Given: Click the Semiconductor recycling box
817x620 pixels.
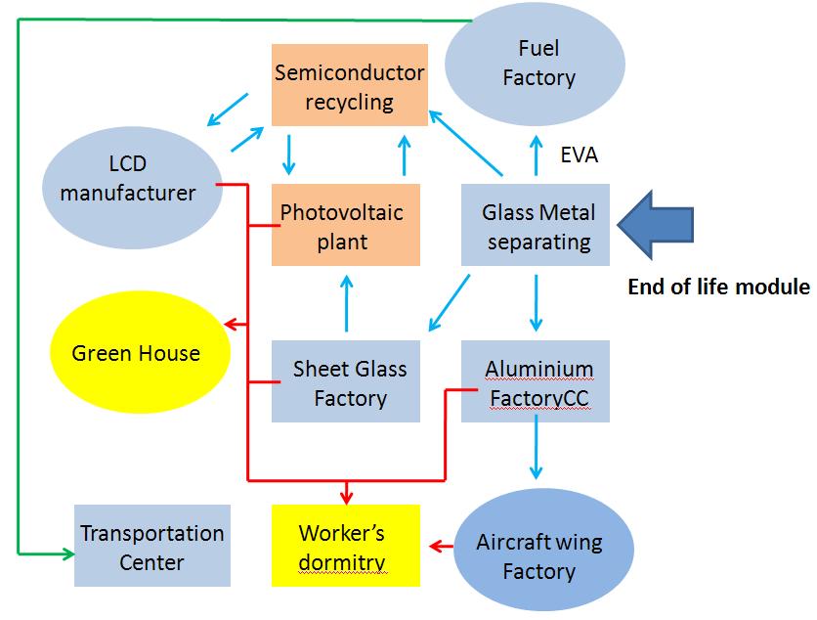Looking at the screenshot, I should pyautogui.click(x=350, y=85).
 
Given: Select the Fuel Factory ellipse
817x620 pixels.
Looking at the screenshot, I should pyautogui.click(x=538, y=62).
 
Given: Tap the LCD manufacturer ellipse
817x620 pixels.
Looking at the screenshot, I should pyautogui.click(x=128, y=178).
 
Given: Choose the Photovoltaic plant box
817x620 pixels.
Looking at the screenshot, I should pyautogui.click(x=346, y=225).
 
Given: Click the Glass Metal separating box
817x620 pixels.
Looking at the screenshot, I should pyautogui.click(x=537, y=225).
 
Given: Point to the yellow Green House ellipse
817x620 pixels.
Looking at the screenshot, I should pyautogui.click(x=136, y=352).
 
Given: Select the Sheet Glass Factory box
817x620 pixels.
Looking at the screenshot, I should pyautogui.click(x=346, y=381).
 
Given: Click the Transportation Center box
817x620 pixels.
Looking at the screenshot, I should pyautogui.click(x=152, y=546).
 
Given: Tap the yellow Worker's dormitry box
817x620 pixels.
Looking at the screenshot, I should pyautogui.click(x=346, y=546).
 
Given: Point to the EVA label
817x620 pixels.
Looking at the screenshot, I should pyautogui.click(x=580, y=154).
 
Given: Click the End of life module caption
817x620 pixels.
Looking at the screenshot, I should pyautogui.click(x=718, y=288).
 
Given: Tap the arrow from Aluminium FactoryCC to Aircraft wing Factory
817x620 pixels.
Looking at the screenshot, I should pyautogui.click(x=536, y=452).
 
